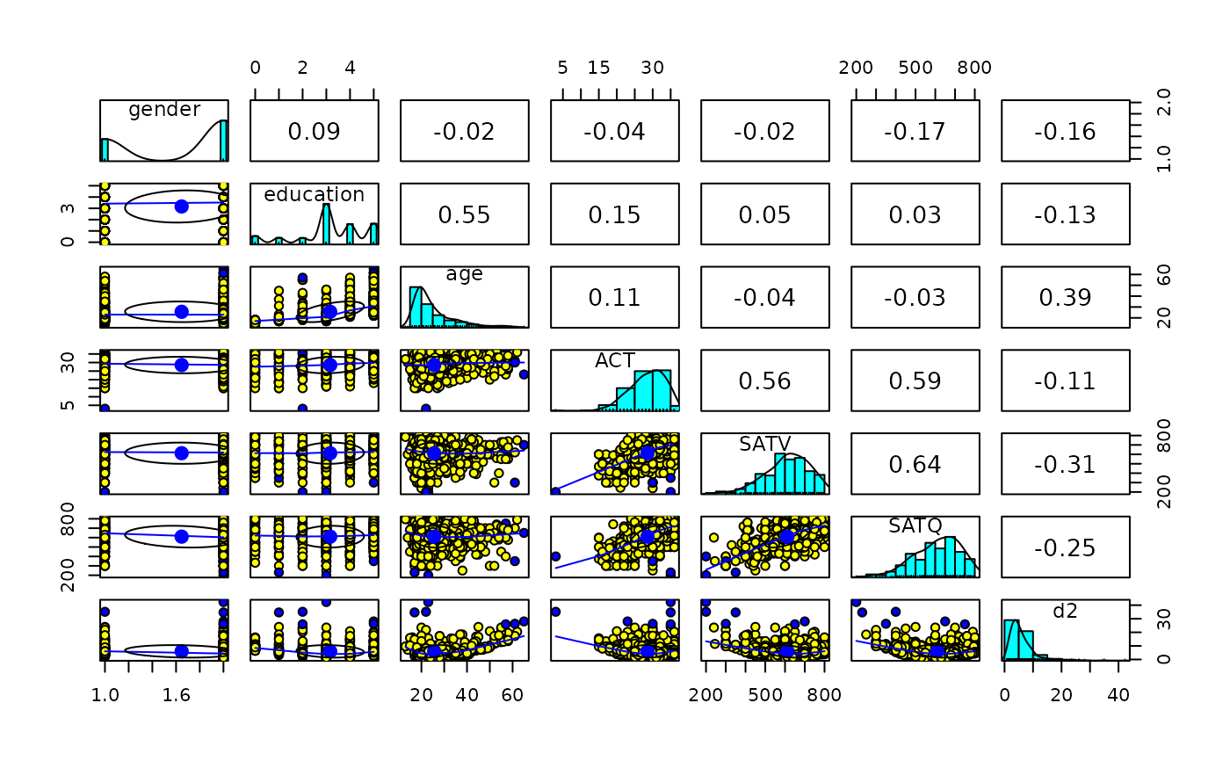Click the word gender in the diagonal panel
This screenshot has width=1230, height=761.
point(164,110)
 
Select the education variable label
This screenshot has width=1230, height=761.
point(314,194)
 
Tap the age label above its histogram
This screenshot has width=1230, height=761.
point(464,274)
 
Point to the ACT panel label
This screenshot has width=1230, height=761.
point(614,360)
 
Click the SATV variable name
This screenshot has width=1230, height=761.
point(764,444)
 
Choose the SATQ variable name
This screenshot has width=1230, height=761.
point(915,526)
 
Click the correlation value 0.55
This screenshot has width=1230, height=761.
point(465,214)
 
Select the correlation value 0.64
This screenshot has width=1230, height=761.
point(915,464)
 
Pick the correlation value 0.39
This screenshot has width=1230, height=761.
point(1066,297)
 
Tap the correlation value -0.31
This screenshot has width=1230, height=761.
point(1066,464)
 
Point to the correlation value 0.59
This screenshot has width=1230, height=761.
point(915,380)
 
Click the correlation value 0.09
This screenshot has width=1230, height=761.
point(315,131)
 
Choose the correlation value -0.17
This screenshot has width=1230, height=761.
point(915,131)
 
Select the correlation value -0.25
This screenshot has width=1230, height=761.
point(1066,547)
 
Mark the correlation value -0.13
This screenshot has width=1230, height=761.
point(1066,214)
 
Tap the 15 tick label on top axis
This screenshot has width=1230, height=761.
point(598,68)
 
